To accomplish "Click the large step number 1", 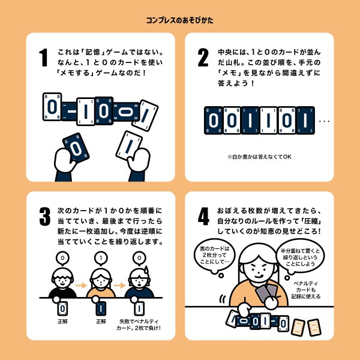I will (43, 58).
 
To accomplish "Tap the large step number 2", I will (203, 58).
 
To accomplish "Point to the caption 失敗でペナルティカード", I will (139, 325).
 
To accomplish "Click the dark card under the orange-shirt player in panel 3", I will (100, 308).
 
